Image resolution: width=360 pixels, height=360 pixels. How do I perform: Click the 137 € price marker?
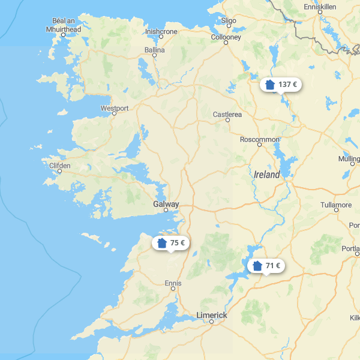tap(281, 85)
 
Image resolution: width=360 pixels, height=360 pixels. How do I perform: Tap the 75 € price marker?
tap(171, 243)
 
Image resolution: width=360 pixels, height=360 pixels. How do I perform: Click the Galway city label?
tap(166, 205)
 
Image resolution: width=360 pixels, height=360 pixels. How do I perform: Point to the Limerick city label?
tap(212, 315)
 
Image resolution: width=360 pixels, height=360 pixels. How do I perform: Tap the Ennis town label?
tap(173, 282)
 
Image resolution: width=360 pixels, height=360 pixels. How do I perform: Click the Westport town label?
tap(115, 109)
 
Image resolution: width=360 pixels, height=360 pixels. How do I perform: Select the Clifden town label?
tap(59, 166)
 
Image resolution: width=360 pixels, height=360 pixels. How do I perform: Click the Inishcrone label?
tap(161, 31)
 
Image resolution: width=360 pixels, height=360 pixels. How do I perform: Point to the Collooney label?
tap(226, 37)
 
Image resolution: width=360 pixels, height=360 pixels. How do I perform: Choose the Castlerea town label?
tap(227, 114)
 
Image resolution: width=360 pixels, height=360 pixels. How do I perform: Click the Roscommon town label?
tap(260, 139)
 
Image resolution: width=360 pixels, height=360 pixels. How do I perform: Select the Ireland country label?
tap(267, 175)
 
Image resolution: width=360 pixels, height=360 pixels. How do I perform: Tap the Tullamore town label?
tap(336, 205)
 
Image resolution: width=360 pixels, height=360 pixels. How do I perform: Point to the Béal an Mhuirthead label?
tap(63, 26)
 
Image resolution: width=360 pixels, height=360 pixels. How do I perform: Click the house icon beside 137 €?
tap(270, 85)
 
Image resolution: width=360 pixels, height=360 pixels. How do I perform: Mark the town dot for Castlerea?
tap(227, 120)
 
